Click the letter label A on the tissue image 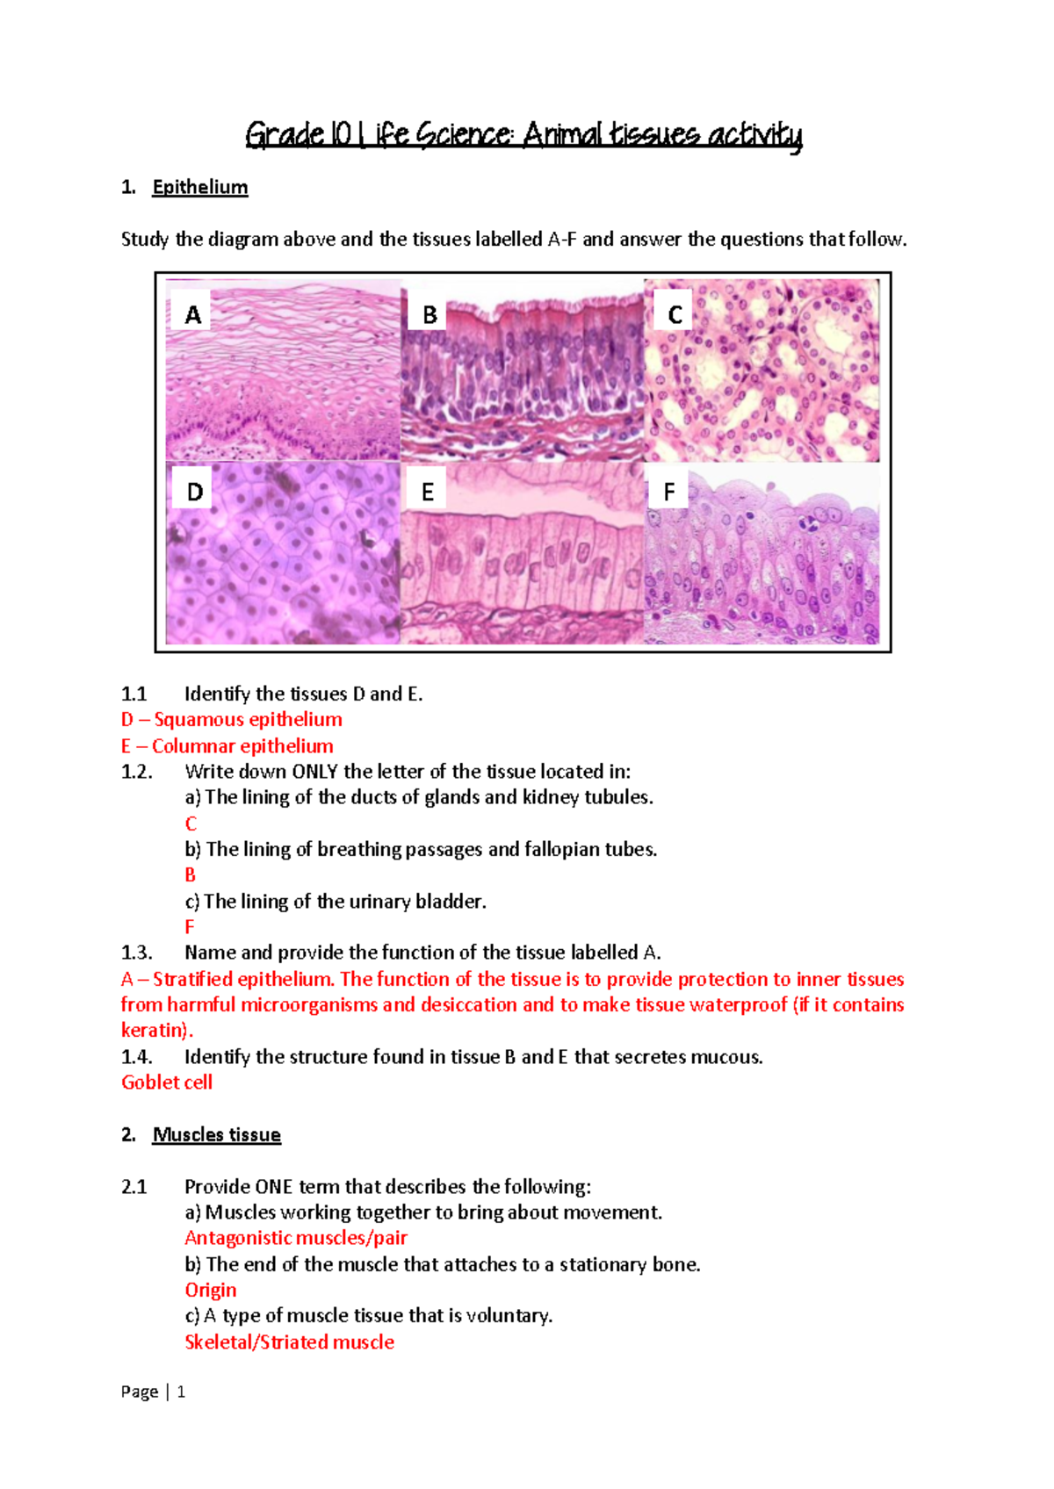[193, 314]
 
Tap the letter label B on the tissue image [430, 314]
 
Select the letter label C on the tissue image [675, 314]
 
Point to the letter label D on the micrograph [195, 492]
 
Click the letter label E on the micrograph [428, 492]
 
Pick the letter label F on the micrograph [669, 492]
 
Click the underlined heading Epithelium [200, 187]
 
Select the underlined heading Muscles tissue [216, 1134]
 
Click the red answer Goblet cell [167, 1083]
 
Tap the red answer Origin [211, 1290]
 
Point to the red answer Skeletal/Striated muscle [289, 1342]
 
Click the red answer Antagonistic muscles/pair [296, 1238]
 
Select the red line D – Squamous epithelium [232, 720]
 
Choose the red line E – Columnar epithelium [227, 746]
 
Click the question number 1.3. [136, 953]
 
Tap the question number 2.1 [134, 1187]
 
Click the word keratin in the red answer [153, 1031]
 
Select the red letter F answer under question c [189, 927]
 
